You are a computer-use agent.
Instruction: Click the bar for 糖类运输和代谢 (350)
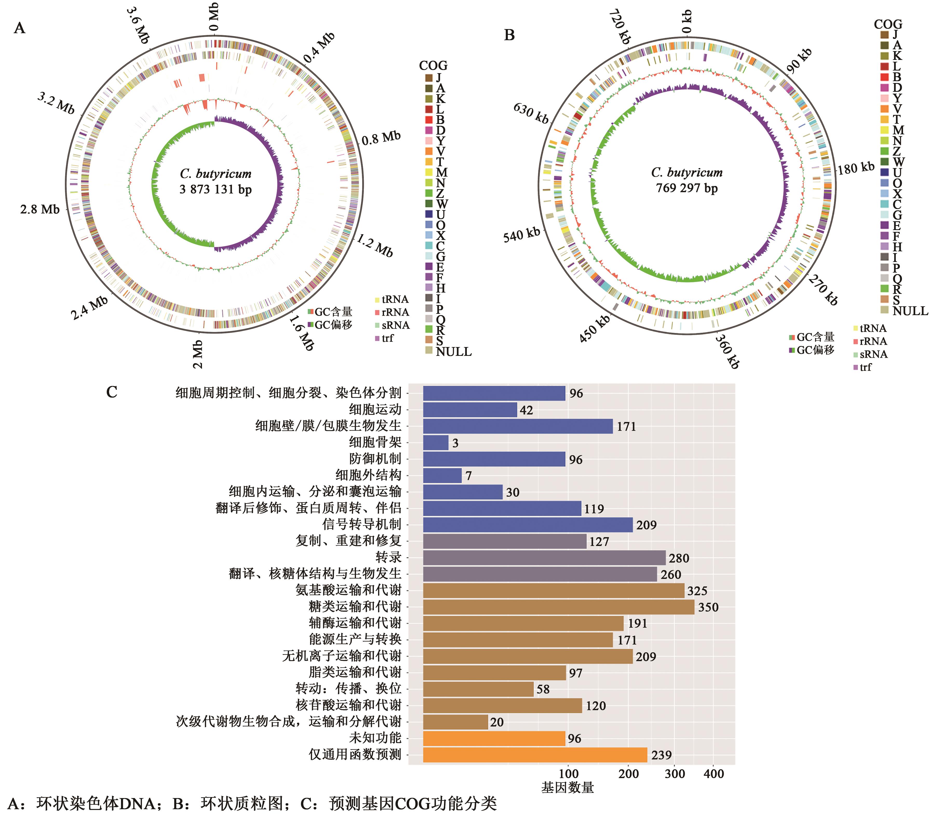pos(558,607)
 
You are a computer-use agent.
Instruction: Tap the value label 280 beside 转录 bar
pos(679,558)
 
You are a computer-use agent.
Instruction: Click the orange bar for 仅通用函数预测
pos(535,755)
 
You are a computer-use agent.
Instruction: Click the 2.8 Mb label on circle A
pos(40,209)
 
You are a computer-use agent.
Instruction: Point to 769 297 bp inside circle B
pos(687,188)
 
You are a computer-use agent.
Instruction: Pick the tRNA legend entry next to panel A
pos(392,299)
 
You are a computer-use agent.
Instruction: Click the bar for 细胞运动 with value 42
pos(470,410)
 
